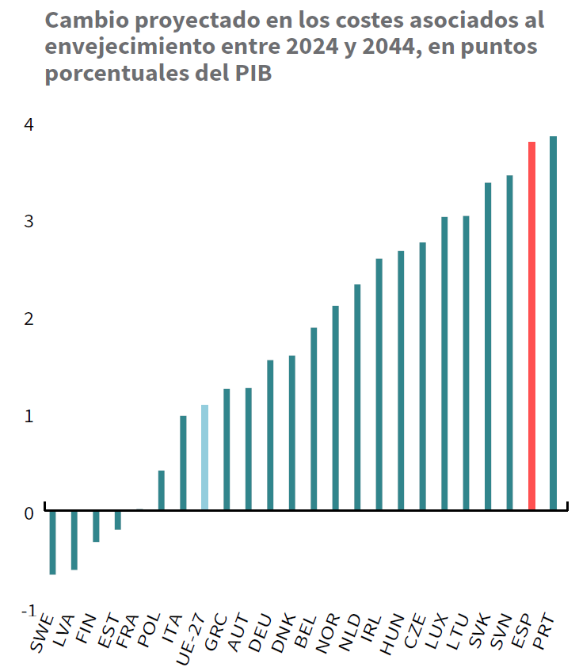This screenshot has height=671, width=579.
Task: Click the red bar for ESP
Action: (x=531, y=326)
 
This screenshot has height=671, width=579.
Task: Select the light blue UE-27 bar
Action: (x=204, y=457)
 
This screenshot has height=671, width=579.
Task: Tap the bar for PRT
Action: (x=554, y=323)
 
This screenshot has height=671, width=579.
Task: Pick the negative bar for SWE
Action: (x=52, y=543)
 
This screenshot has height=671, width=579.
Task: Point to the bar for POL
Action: (x=162, y=490)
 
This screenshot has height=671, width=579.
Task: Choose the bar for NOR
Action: (x=336, y=407)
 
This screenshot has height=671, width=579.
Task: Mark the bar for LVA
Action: (x=74, y=540)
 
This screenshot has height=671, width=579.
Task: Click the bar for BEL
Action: (x=314, y=418)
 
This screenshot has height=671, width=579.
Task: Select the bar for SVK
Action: (x=488, y=346)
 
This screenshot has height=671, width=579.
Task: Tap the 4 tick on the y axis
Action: (x=29, y=124)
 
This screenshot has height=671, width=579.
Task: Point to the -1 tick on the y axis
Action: (x=27, y=611)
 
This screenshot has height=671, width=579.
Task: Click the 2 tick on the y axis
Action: (x=29, y=318)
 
